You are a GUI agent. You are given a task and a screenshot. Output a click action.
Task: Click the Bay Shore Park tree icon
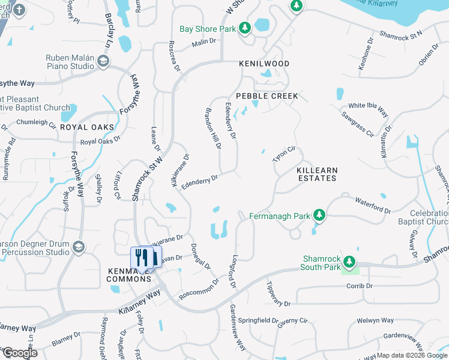244,28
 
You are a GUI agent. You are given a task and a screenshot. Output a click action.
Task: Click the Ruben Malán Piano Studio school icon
103,62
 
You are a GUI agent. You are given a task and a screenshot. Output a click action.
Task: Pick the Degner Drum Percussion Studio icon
78,247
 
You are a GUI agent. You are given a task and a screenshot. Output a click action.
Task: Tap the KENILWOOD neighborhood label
264,64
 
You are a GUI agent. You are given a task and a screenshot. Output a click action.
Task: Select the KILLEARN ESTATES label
317,175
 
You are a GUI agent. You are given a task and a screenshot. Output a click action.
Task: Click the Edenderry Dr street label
199,181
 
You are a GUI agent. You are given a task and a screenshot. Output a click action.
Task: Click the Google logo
19,353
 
